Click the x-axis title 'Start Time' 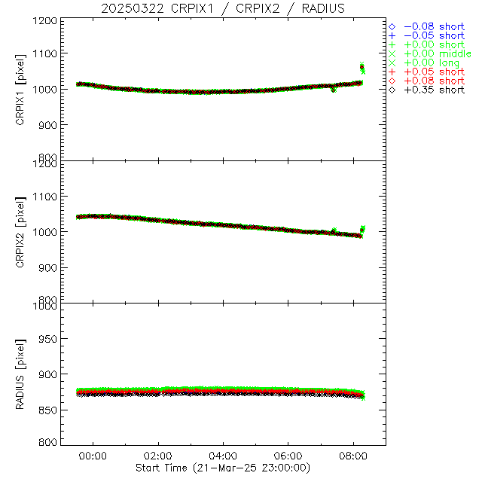tap(223, 468)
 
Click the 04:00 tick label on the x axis tap(224, 456)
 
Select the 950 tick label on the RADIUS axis tap(47, 339)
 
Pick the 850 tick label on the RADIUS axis tap(47, 410)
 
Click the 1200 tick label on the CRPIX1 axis tap(44, 20)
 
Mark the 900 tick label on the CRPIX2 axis tap(47, 267)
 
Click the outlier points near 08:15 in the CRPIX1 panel tap(362, 68)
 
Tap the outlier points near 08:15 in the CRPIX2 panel tap(362, 230)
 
